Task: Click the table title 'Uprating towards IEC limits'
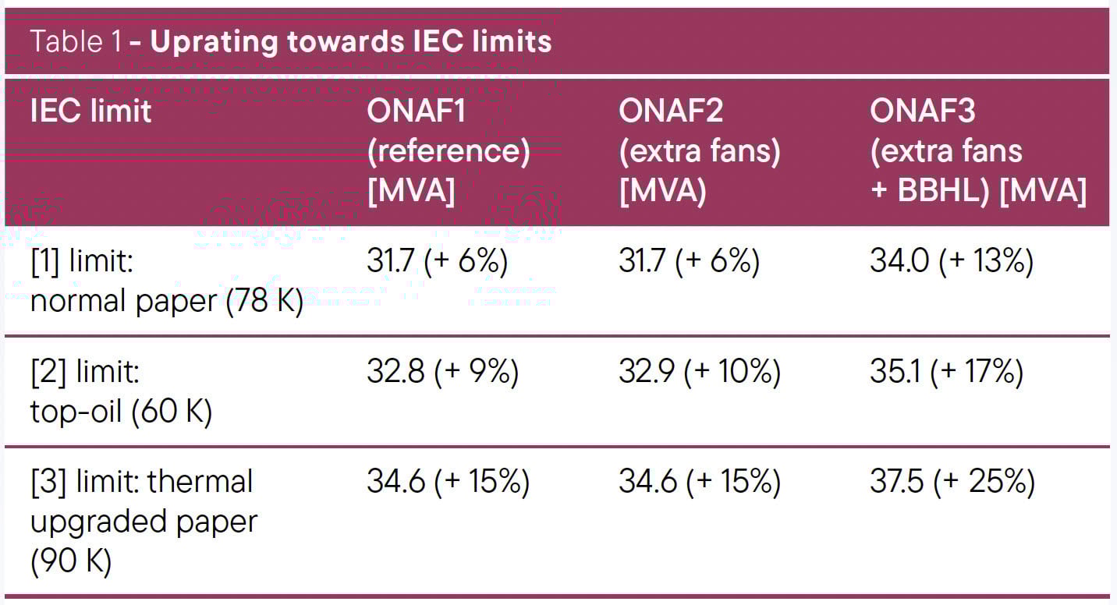tap(351, 41)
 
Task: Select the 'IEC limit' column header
tap(90, 111)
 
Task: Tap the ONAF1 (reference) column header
tap(448, 151)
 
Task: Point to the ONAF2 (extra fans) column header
tap(699, 151)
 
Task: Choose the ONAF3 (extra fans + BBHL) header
tap(977, 151)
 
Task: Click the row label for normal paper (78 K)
tap(166, 281)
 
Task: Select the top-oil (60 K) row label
tap(121, 392)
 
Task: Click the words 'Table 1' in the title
tap(76, 41)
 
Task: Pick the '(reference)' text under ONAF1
tap(448, 151)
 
